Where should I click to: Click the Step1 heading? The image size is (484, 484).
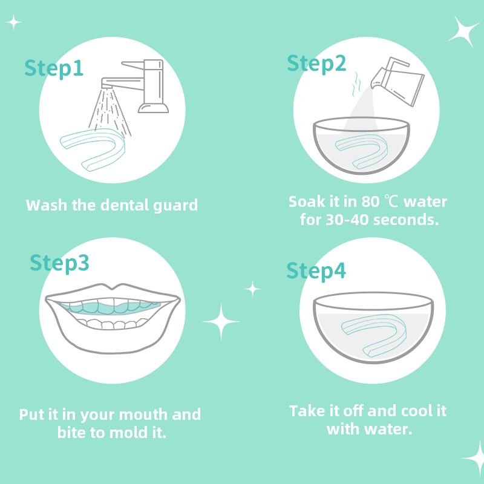coord(54,68)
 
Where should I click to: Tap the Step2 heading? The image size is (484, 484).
coord(316,63)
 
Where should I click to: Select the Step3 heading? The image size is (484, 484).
coord(59,263)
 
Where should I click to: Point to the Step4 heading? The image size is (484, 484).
coord(316,271)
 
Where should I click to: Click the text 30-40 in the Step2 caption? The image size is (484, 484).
coord(347,220)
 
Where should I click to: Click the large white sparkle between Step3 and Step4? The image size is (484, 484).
coord(221,321)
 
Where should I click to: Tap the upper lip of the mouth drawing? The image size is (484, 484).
coord(112,290)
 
